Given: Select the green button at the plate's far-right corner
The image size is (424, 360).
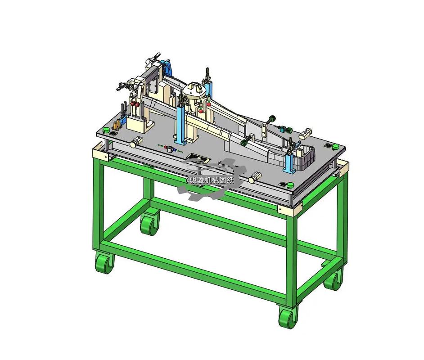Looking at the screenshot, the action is [336, 147].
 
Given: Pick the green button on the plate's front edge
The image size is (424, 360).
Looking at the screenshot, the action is [290, 185].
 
